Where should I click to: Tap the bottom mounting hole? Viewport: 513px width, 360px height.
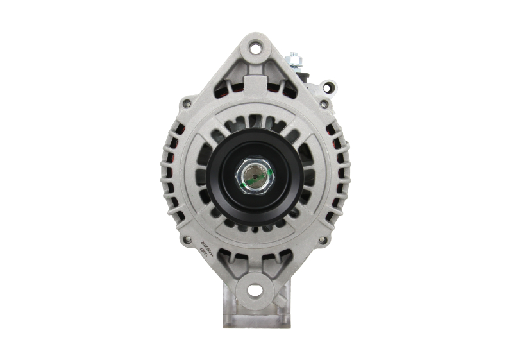pos(255,291)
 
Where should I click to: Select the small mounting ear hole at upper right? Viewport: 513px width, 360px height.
pos(328,86)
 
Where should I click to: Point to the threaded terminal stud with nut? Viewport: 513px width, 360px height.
pos(294,60)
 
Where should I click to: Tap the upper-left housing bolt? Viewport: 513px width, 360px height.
pos(186,103)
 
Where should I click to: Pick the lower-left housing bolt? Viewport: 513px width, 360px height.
pos(187,240)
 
